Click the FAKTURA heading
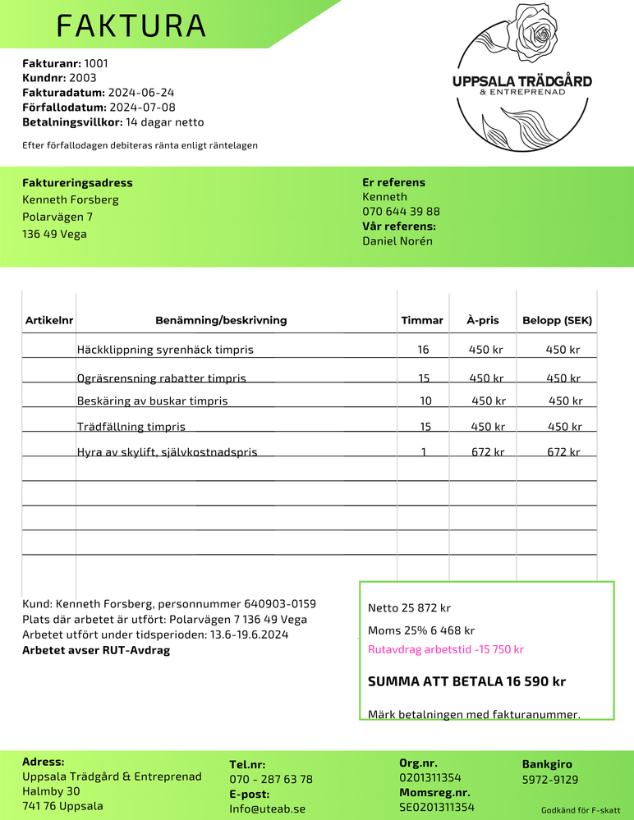pos(131,26)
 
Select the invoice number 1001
pos(96,63)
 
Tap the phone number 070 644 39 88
pos(401,212)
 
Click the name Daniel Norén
pos(397,241)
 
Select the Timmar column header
pos(422,321)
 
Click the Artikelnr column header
pos(49,321)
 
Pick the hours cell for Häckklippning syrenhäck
pos(423,350)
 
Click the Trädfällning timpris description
pos(131,427)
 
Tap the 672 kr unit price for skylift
pos(488,452)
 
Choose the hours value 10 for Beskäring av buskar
pos(425,401)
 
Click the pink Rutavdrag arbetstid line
pos(446,650)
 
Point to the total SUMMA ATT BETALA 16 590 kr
pos(466,682)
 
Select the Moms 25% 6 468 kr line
pos(421,631)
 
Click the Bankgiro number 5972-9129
pos(550,780)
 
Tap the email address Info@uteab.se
pos(267,809)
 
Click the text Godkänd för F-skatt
pos(580,809)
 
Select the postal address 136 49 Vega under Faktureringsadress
pos(54,234)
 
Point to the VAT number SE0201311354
pos(437,808)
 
